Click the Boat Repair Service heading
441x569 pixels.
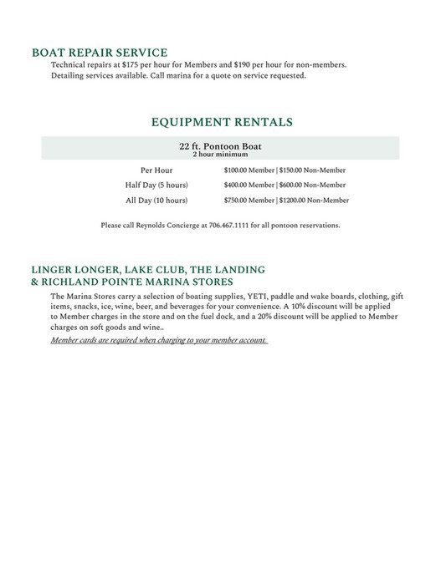100,52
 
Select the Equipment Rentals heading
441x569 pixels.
222,122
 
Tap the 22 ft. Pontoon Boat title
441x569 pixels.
221,145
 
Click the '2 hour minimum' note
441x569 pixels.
221,155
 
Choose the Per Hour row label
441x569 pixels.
156,170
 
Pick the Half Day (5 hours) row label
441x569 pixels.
156,185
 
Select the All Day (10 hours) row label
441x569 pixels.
156,201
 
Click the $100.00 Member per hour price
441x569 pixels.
249,170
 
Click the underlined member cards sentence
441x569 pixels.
159,340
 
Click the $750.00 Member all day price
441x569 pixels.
249,201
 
